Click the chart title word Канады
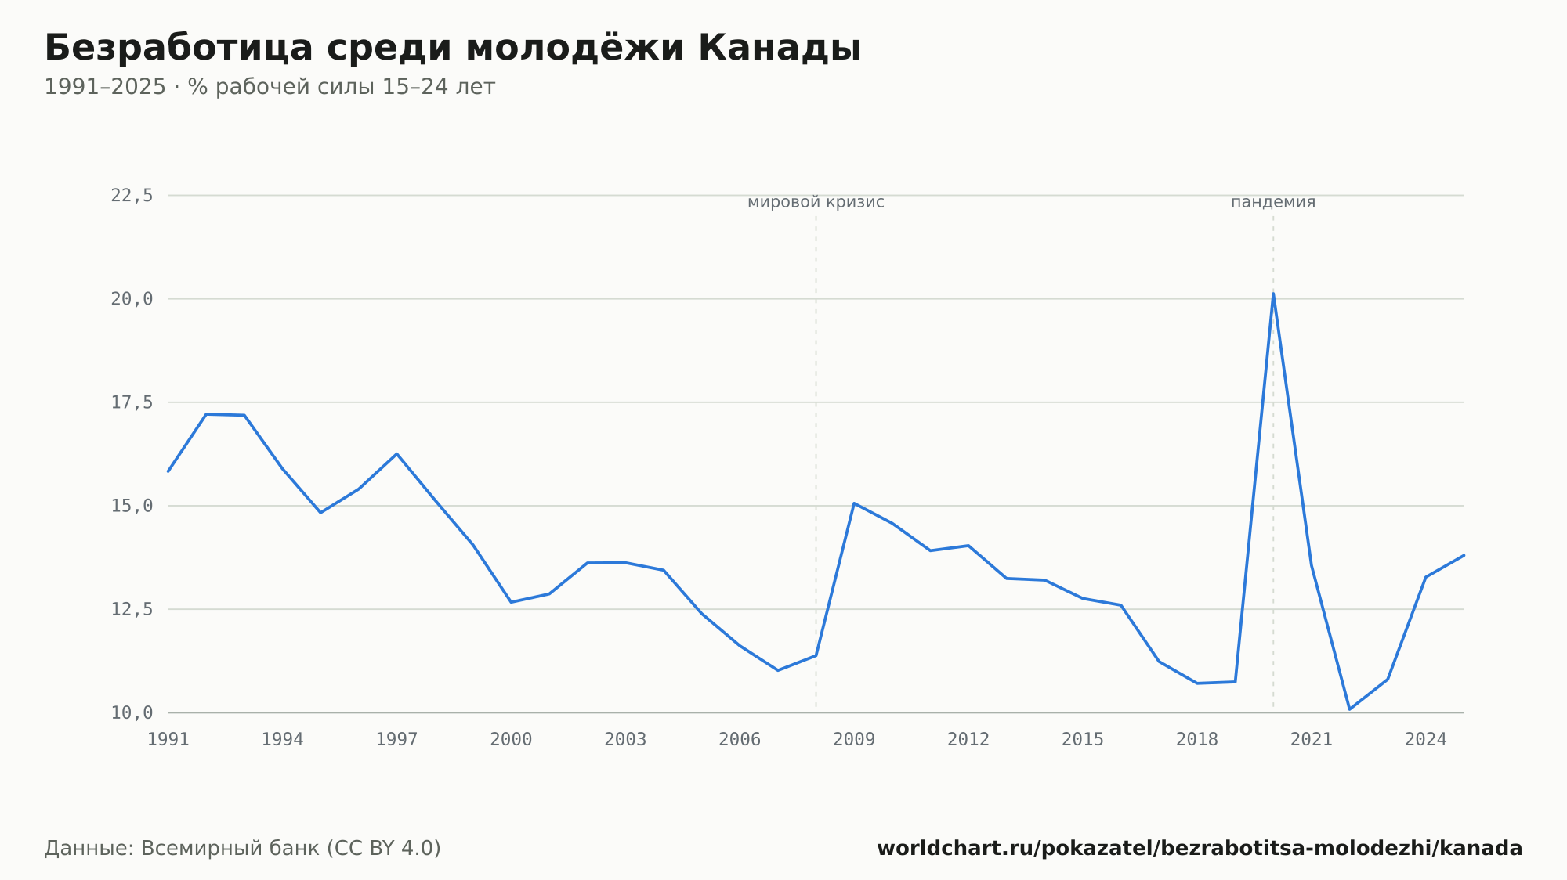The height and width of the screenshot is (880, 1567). [780, 48]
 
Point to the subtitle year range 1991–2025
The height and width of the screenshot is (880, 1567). [105, 87]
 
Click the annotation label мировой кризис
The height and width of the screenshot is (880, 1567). [816, 202]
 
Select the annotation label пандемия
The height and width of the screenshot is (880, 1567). [1273, 202]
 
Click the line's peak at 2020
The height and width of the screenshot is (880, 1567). [1273, 294]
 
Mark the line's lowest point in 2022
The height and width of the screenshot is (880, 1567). [1349, 709]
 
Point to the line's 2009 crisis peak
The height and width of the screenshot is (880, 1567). [854, 503]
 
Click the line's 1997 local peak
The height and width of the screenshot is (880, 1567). [396, 453]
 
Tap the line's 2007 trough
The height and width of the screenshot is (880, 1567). [777, 670]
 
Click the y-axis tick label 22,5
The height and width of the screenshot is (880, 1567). [132, 196]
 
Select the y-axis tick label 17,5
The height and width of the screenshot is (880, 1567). [132, 402]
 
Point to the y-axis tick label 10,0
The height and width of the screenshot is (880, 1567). [132, 712]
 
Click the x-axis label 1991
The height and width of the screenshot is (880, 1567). [168, 740]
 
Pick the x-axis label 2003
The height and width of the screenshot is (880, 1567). [625, 740]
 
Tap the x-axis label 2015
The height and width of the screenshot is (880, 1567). [1083, 740]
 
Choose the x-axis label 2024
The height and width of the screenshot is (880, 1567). [1426, 740]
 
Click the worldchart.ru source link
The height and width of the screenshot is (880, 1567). [1200, 849]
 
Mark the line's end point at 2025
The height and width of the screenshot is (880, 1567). [1464, 555]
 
